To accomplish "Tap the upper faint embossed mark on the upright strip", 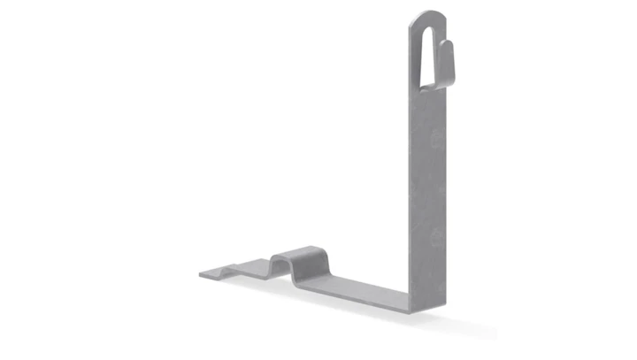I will click(433, 139).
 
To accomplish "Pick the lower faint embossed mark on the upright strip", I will click(434, 238).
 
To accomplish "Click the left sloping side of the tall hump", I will click(276, 262).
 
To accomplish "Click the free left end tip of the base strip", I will click(203, 273).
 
